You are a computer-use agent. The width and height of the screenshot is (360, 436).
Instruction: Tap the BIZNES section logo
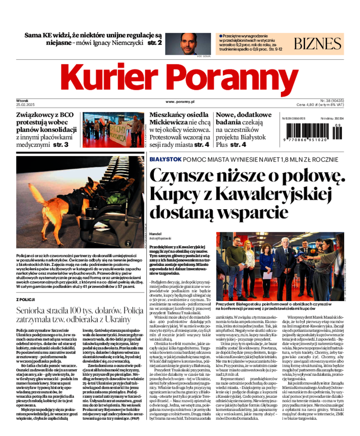(x=318, y=44)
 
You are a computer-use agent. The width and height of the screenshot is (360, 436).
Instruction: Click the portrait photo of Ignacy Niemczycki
(x=196, y=44)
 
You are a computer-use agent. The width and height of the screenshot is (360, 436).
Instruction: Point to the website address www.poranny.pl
(x=179, y=102)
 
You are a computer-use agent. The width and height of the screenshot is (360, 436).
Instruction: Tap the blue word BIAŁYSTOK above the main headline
(x=165, y=159)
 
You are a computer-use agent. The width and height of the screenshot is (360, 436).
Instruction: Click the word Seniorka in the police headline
(x=34, y=310)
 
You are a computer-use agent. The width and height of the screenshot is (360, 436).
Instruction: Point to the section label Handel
(x=155, y=234)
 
